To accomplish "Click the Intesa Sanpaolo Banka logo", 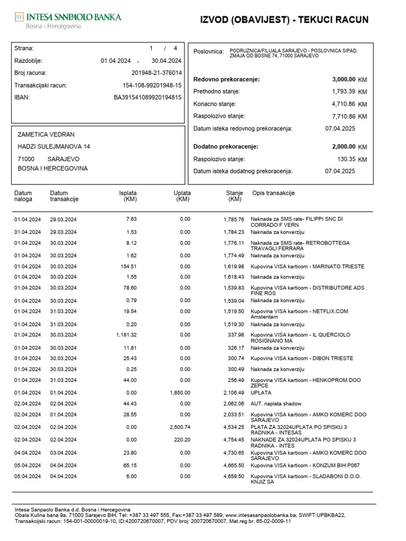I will click(68, 21).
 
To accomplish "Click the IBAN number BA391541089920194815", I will click(147, 97).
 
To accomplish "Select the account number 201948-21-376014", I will click(156, 73).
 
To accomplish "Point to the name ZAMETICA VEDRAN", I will click(46, 135).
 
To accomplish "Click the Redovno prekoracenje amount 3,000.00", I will click(344, 79).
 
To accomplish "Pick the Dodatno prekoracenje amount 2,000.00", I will click(344, 146).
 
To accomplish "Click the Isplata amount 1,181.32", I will click(126, 335).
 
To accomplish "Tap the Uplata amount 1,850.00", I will click(180, 393).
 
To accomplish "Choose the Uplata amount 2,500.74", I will click(180, 427).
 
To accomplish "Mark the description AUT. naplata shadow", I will click(276, 404).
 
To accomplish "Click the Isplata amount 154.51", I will click(129, 267).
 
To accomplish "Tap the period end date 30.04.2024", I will click(167, 61).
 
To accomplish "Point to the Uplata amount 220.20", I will click(182, 440).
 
